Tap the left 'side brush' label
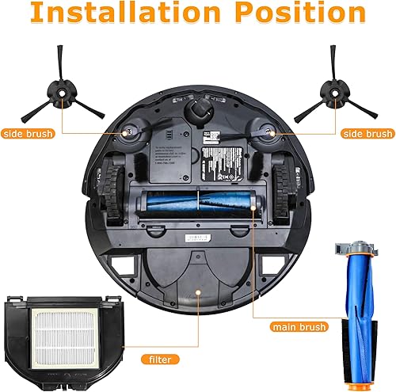pyautogui.click(x=27, y=134)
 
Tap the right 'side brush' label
pyautogui.click(x=367, y=134)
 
